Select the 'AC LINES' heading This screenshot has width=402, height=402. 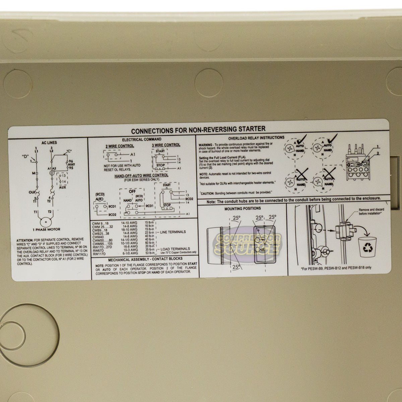point(49,143)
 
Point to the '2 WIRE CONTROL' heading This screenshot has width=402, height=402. point(120,146)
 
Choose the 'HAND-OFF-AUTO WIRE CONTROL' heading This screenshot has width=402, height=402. point(141,175)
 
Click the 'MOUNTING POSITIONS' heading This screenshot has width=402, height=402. point(243,208)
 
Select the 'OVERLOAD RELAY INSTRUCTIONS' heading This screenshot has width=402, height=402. point(256,138)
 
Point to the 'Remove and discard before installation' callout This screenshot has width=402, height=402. point(371,211)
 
